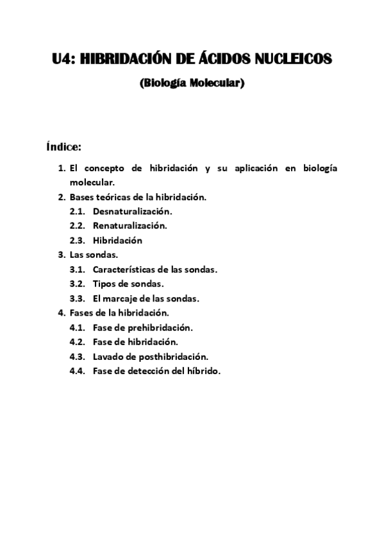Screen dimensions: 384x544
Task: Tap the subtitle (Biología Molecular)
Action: pyautogui.click(x=192, y=83)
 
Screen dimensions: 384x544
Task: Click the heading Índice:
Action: pyautogui.click(x=63, y=147)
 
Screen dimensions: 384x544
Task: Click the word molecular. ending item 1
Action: pyautogui.click(x=92, y=182)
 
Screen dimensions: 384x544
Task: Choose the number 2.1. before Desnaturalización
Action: pyautogui.click(x=78, y=210)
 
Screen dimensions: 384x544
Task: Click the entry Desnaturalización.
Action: pyautogui.click(x=132, y=210)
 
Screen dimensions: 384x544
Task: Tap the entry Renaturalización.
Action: pyautogui.click(x=129, y=225)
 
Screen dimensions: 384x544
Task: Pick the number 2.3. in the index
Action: pyautogui.click(x=78, y=241)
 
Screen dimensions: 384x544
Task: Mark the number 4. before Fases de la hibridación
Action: pyautogui.click(x=62, y=312)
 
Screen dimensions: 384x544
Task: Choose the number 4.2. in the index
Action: pyautogui.click(x=78, y=342)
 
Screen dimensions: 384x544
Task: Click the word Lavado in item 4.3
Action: pyautogui.click(x=107, y=356)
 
